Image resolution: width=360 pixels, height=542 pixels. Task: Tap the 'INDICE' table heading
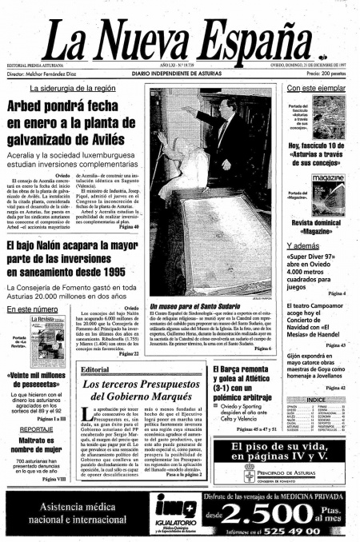[315, 399]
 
